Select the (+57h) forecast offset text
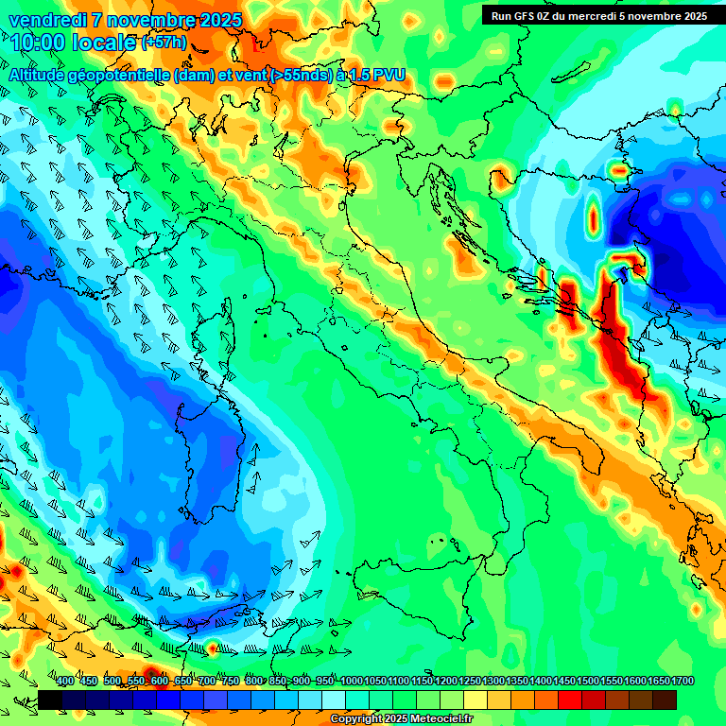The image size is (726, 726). pyautogui.click(x=164, y=43)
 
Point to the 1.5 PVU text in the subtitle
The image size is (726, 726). pyautogui.click(x=377, y=75)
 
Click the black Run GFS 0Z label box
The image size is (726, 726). pyautogui.click(x=598, y=15)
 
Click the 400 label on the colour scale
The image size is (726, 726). pyautogui.click(x=65, y=681)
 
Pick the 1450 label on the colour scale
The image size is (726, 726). pyautogui.click(x=564, y=681)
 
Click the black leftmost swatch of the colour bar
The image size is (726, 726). pyautogui.click(x=50, y=700)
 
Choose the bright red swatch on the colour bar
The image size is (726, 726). pyautogui.click(x=570, y=700)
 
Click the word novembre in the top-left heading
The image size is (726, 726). pyautogui.click(x=143, y=20)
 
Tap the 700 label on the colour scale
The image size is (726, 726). pyautogui.click(x=207, y=681)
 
